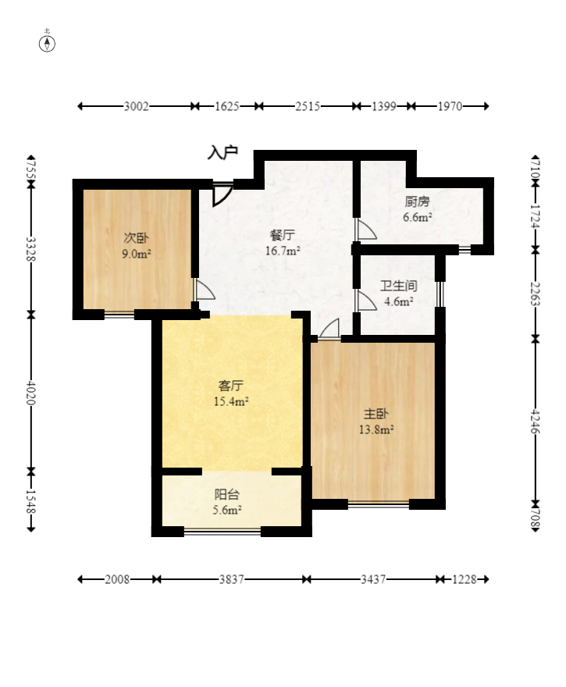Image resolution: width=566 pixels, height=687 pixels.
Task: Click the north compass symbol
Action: [x=47, y=44]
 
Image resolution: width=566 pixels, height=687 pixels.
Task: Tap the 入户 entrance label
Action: [x=222, y=152]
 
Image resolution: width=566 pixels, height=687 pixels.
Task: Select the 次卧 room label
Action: [x=137, y=238]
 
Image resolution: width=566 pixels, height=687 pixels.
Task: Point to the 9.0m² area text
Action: [x=137, y=254]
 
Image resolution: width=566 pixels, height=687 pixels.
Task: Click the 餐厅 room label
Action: [x=282, y=235]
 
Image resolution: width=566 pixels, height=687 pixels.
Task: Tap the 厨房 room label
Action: [x=417, y=201]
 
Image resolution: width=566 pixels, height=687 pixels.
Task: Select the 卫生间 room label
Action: [x=398, y=286]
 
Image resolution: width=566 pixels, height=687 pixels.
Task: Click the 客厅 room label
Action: [x=231, y=386]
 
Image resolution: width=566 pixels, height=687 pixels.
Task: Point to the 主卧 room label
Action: [x=376, y=414]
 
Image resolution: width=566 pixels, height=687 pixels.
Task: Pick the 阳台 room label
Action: [x=227, y=495]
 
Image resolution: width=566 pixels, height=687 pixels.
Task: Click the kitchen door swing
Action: [x=367, y=230]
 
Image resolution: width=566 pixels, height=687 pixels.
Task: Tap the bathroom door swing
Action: [x=367, y=301]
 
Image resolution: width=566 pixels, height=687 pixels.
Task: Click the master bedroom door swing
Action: [x=329, y=329]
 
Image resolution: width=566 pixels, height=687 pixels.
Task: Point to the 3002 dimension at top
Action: [x=137, y=106]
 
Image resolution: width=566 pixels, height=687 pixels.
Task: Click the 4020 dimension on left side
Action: [x=30, y=393]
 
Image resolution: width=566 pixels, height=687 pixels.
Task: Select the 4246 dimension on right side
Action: [x=535, y=421]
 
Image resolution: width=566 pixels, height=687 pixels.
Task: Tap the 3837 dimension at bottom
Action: [x=231, y=579]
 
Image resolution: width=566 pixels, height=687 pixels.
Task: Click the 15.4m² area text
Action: [x=231, y=401]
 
